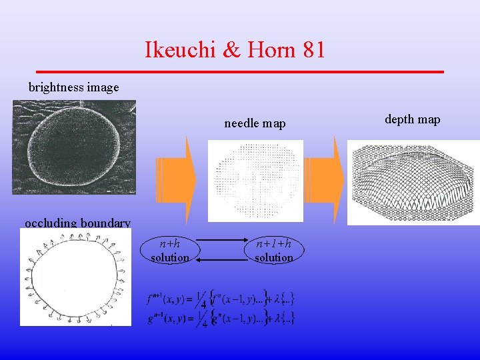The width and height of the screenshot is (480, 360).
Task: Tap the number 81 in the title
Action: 313,49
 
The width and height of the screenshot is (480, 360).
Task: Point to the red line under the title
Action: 240,71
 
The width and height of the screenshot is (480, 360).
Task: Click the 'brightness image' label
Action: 73,87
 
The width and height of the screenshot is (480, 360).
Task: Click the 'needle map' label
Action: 255,123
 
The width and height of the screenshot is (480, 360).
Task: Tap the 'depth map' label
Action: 413,119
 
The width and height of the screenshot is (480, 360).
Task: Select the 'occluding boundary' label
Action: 77,223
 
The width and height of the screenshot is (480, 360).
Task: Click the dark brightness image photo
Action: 74,147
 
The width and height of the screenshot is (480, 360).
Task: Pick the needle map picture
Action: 255,180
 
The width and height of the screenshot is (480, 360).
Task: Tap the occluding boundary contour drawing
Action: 75,277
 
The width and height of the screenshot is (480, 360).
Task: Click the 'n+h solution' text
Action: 170,251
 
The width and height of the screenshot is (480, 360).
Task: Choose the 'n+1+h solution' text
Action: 273,251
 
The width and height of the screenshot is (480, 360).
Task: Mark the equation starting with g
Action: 220,317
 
